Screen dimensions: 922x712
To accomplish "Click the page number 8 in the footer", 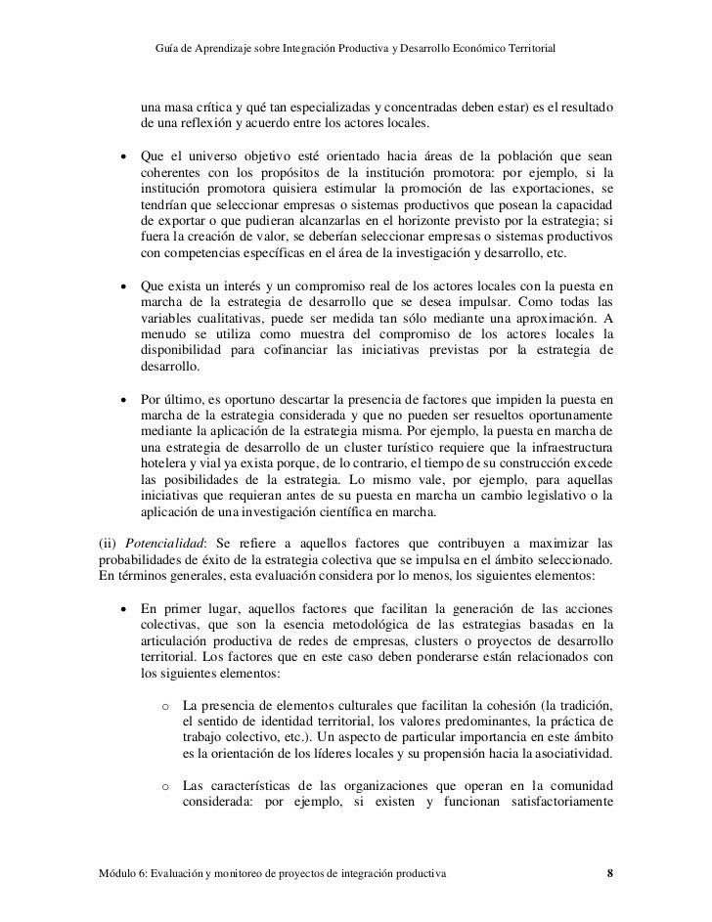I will click(609, 872).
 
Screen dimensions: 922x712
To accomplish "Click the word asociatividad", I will click(571, 754).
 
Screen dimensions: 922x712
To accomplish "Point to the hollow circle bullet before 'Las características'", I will click(166, 787).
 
